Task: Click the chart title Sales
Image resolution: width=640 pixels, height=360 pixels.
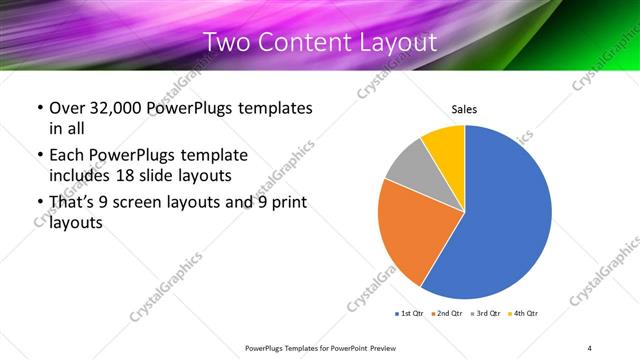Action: tap(464, 109)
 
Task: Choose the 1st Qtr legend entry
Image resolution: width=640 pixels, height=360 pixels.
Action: tap(410, 314)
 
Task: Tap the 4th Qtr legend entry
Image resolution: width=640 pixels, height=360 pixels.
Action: tap(525, 314)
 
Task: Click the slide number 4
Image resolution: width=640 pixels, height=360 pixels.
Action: tap(591, 347)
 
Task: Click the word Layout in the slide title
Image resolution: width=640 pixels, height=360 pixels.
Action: tap(400, 42)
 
